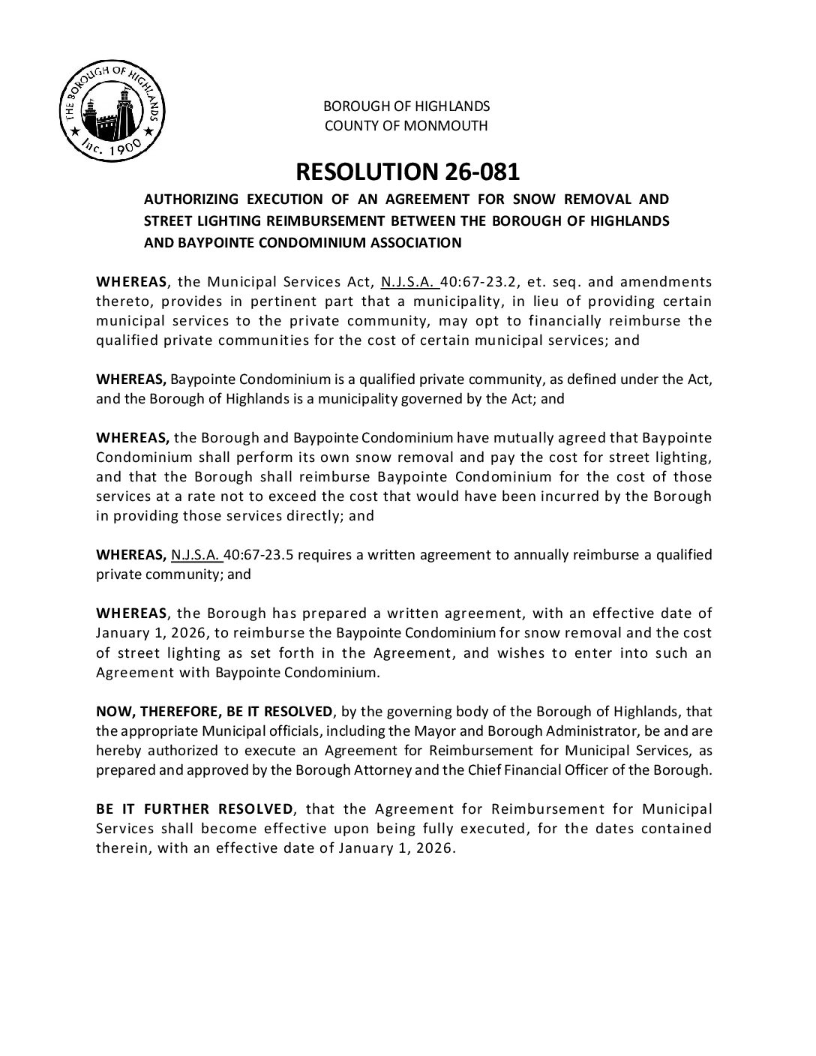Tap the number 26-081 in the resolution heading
click(481, 172)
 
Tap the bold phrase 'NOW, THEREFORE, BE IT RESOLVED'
click(214, 711)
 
